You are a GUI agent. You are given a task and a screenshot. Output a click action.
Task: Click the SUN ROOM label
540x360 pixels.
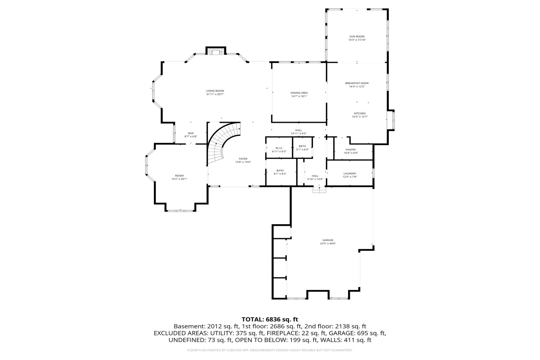pyautogui.click(x=357, y=37)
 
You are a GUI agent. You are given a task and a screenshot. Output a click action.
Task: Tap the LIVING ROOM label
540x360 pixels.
pyautogui.click(x=215, y=91)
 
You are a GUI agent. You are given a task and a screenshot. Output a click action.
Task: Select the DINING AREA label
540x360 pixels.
pyautogui.click(x=299, y=93)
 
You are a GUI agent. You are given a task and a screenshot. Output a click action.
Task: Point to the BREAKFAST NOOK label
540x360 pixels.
pyautogui.click(x=357, y=83)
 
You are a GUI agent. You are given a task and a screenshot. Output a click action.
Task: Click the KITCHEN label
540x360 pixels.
pyautogui.click(x=360, y=113)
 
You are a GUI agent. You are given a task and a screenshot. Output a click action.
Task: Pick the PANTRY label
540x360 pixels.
pyautogui.click(x=351, y=150)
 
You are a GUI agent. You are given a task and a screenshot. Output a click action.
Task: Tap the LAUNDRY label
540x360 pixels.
pyautogui.click(x=350, y=173)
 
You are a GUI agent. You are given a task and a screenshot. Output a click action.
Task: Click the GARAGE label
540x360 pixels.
pyautogui.click(x=328, y=240)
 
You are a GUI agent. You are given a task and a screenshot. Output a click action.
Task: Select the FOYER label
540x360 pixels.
pyautogui.click(x=243, y=159)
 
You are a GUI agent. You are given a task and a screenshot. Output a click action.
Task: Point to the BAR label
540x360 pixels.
pyautogui.click(x=191, y=133)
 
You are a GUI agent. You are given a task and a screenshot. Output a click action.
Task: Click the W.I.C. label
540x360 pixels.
pyautogui.click(x=279, y=148)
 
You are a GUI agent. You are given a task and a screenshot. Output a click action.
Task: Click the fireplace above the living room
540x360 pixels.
pyautogui.click(x=216, y=51)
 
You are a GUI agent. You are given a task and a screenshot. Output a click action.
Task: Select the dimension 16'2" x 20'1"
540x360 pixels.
pyautogui.click(x=179, y=179)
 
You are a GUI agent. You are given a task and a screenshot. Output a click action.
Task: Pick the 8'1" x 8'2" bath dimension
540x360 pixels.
pyautogui.click(x=280, y=174)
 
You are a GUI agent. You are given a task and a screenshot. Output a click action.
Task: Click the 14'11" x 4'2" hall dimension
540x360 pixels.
pyautogui.click(x=298, y=133)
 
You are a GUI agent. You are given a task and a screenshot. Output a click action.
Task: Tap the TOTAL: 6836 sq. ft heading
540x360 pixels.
pyautogui.click(x=270, y=319)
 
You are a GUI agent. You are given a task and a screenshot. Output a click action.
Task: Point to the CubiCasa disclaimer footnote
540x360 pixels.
pyautogui.click(x=270, y=350)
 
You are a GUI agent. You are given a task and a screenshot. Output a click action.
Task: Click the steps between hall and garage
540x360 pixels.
pyautogui.click(x=319, y=190)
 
